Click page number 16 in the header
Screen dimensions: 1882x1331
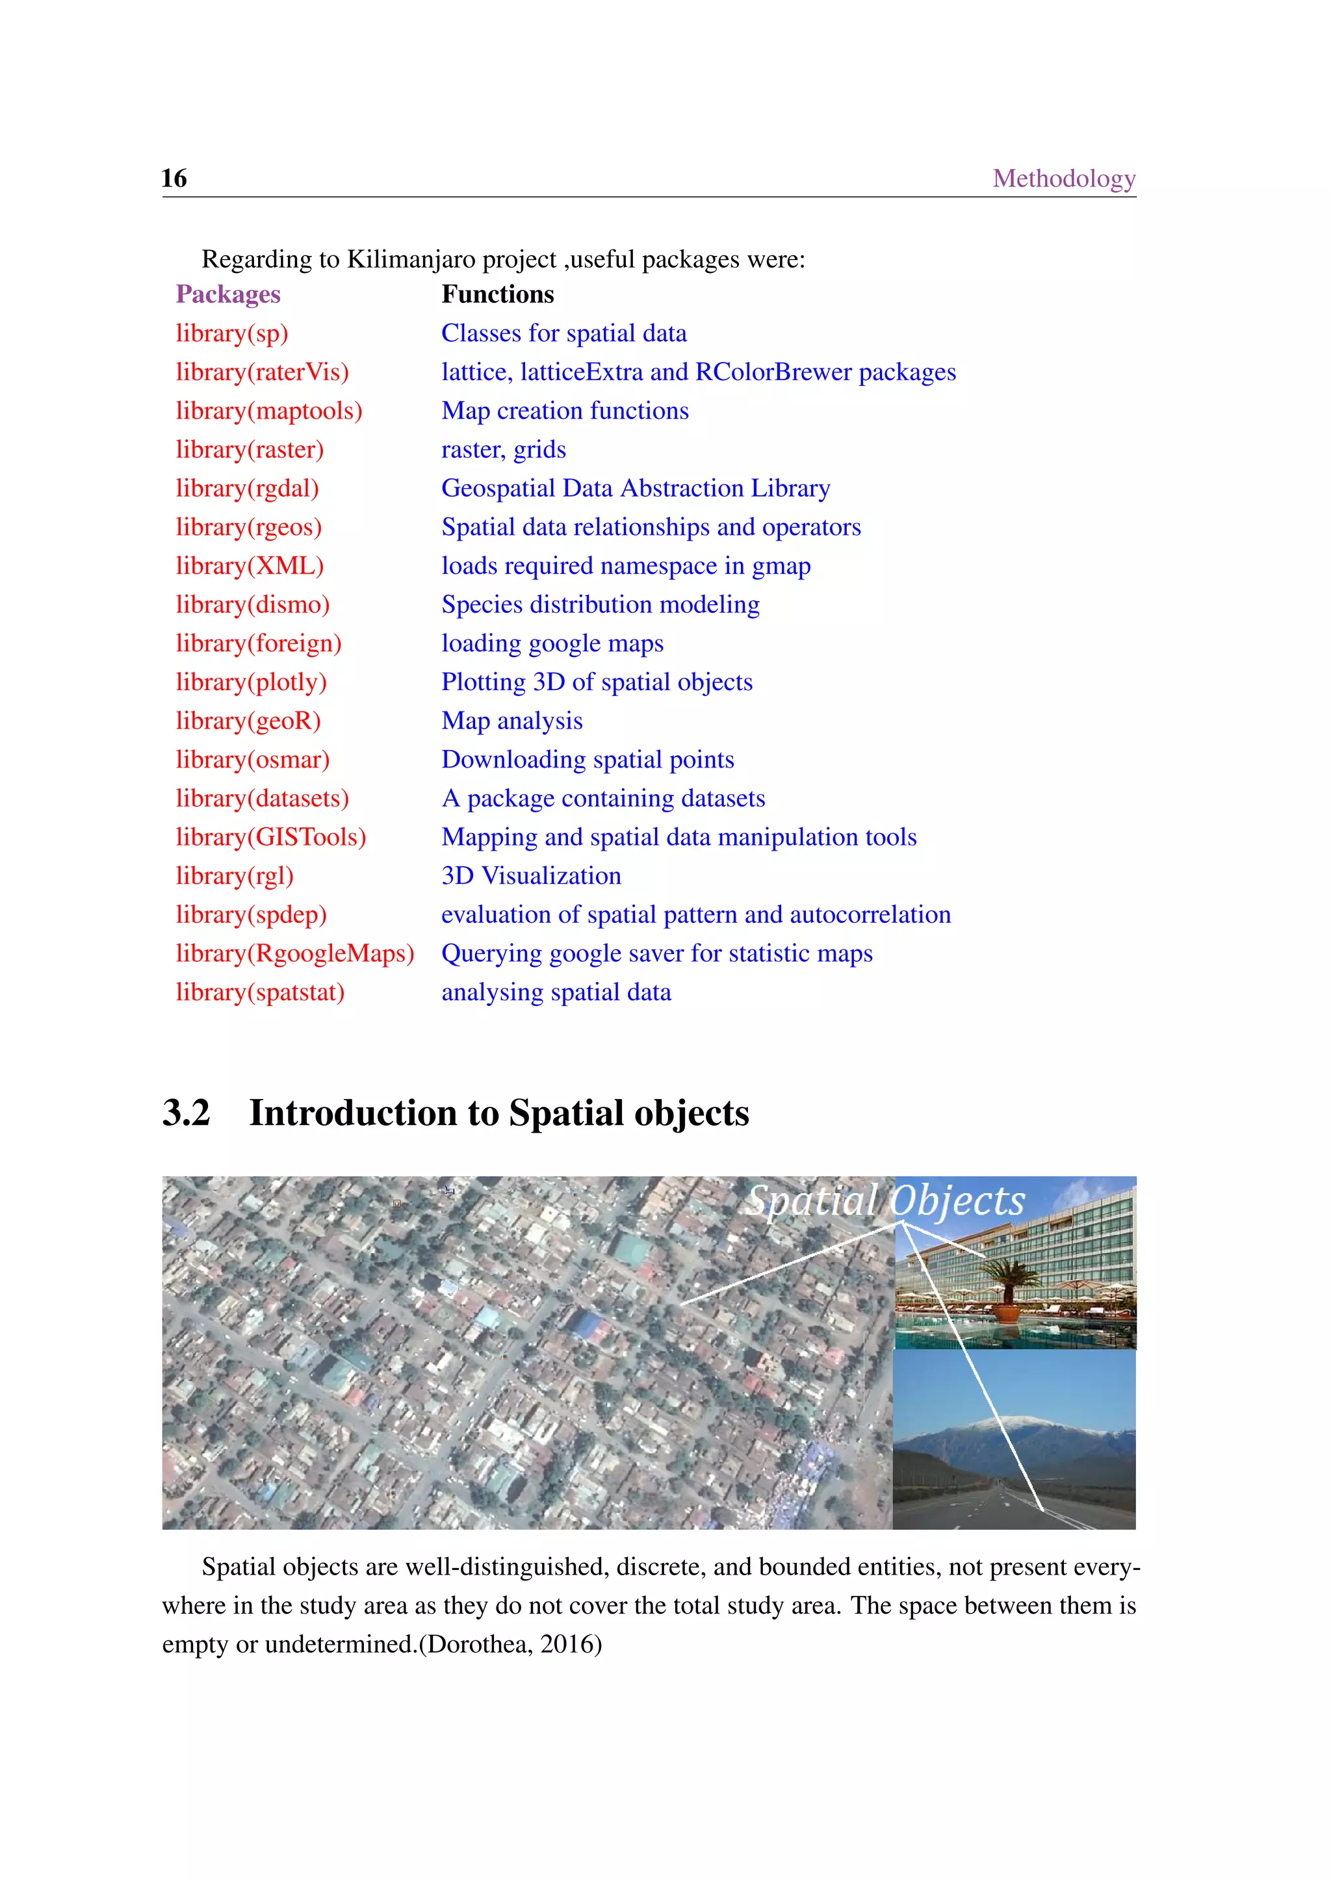pos(174,179)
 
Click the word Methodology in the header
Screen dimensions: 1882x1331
pos(1063,179)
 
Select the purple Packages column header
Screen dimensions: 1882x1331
pos(228,294)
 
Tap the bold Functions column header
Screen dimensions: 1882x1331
pos(497,294)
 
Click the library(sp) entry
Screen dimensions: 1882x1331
pos(232,333)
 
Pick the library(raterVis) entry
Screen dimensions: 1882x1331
pos(263,372)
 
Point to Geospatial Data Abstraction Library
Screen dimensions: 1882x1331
pos(635,489)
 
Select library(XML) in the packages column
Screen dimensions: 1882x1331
pos(249,567)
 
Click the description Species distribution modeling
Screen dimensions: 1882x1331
pos(600,605)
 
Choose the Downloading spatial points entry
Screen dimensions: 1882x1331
pos(587,760)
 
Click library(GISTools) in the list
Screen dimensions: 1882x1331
pos(270,838)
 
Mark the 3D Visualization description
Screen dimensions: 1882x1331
pos(531,876)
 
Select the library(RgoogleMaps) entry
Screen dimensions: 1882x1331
pos(295,954)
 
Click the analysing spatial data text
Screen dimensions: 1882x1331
pos(556,992)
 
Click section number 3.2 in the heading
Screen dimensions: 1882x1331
pos(186,1113)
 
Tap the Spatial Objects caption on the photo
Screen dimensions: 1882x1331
pos(885,1202)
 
